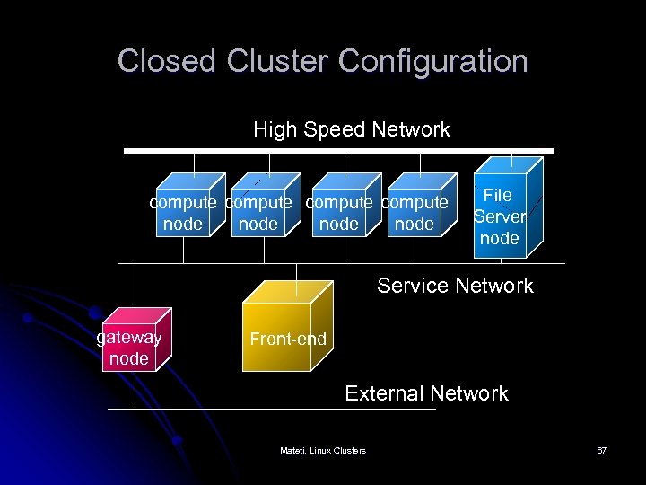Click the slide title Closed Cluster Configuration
point(322,61)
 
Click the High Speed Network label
point(351,129)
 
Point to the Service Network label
point(455,286)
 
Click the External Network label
point(426,393)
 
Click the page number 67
point(601,450)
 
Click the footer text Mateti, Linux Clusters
point(322,450)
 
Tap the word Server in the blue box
point(499,216)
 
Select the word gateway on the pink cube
point(128,338)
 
